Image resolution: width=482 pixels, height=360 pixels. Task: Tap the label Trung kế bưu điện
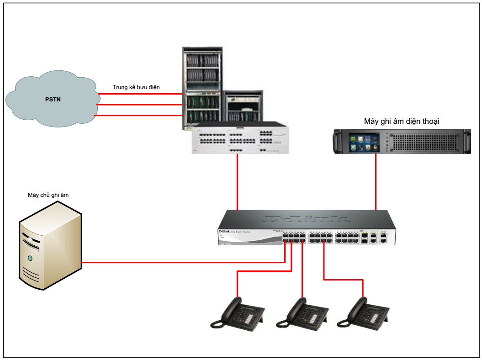136,87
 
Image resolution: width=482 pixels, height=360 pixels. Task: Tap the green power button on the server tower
30,259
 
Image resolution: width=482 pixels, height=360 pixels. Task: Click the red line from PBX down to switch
238,183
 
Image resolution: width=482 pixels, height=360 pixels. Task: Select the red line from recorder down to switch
376,183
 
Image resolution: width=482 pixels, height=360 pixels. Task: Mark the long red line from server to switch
183,263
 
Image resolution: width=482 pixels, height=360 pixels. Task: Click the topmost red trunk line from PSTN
139,94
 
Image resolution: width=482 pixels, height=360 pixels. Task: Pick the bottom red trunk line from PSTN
139,116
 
